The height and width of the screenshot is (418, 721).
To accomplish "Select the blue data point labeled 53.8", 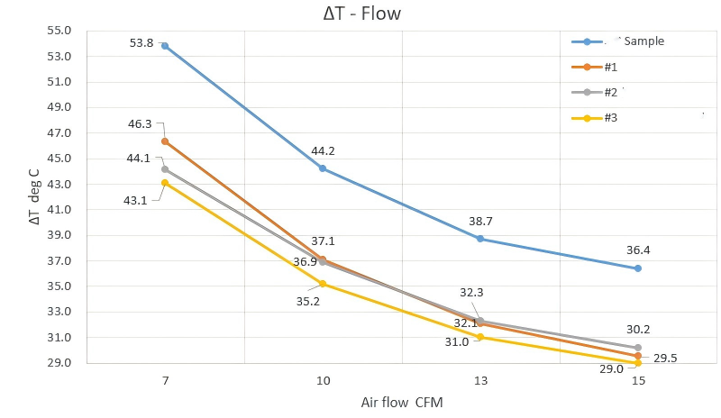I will (x=165, y=45).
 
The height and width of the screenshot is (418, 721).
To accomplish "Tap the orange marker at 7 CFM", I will (x=165, y=141).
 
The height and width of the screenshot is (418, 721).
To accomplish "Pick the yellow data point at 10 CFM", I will (x=323, y=284).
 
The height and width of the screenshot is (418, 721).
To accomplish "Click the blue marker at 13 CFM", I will (x=480, y=239).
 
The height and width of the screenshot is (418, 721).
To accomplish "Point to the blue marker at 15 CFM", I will (x=638, y=268).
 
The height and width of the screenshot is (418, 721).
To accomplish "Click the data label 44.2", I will (x=323, y=151).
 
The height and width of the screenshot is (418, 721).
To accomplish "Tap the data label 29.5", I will (x=666, y=358).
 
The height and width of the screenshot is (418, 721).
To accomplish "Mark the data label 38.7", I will (x=480, y=221).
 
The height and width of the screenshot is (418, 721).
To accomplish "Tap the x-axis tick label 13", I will (x=480, y=382).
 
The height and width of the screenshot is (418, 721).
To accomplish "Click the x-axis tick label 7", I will (x=165, y=382).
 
